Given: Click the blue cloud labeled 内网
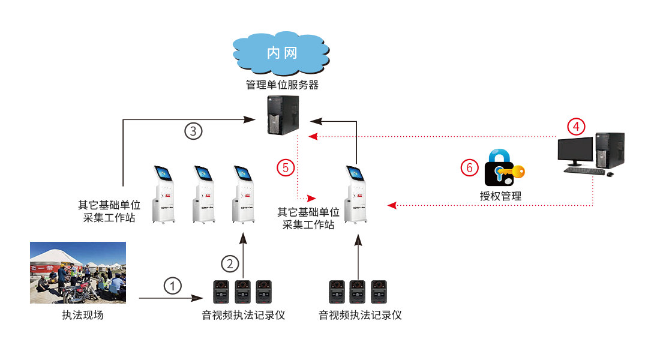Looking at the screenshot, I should pyautogui.click(x=282, y=53).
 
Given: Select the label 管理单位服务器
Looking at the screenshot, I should pyautogui.click(x=282, y=85).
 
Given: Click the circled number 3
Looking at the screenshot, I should pyautogui.click(x=193, y=131).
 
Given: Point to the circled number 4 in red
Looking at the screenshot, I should pyautogui.click(x=576, y=127).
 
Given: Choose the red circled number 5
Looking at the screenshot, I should pyautogui.click(x=286, y=168).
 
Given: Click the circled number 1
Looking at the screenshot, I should pyautogui.click(x=173, y=286).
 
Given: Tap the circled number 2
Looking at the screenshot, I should pyautogui.click(x=230, y=263).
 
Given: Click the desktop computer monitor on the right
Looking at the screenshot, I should pyautogui.click(x=575, y=149).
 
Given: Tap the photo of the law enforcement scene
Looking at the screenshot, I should pyautogui.click(x=78, y=272).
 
